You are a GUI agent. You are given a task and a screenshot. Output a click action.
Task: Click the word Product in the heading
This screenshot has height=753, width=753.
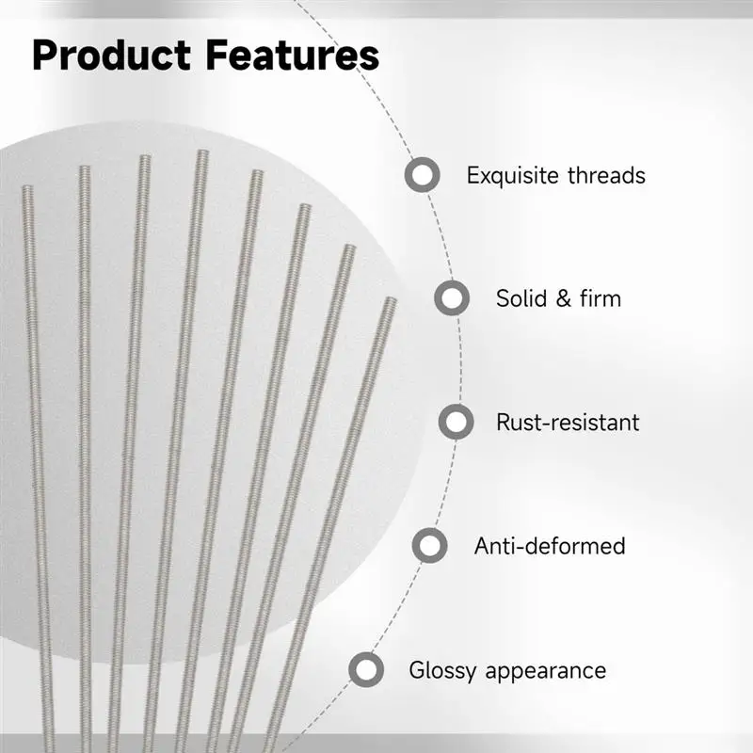[x=111, y=56]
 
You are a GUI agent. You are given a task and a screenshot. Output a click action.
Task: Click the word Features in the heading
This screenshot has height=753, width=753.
[x=293, y=56]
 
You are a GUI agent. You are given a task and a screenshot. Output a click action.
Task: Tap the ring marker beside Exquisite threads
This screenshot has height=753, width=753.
[x=422, y=175]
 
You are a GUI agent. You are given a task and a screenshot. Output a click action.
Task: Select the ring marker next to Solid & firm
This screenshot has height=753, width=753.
[x=452, y=298]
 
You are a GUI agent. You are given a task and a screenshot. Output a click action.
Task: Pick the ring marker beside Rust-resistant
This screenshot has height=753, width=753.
[x=457, y=422]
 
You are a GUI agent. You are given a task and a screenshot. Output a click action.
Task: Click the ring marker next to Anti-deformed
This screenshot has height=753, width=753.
[x=430, y=546]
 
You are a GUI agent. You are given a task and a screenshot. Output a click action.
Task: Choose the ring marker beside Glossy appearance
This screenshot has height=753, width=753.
[x=366, y=669]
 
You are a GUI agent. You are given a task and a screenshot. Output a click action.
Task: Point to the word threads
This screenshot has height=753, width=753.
[x=606, y=175]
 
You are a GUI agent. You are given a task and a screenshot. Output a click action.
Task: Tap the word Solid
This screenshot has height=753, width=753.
[x=521, y=298]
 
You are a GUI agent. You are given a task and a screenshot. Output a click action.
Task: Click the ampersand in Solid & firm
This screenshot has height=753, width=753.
[x=564, y=298]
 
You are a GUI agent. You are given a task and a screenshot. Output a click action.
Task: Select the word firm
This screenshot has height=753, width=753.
[x=601, y=298]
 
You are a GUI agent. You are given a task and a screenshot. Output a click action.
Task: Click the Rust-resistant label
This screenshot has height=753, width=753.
[x=568, y=423]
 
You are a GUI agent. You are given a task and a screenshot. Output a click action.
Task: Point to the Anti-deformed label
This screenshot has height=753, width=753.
[x=550, y=546]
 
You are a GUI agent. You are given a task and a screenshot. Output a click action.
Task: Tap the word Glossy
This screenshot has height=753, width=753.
[x=442, y=671]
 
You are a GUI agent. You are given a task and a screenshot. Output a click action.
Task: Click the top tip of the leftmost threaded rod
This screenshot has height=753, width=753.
[x=27, y=186]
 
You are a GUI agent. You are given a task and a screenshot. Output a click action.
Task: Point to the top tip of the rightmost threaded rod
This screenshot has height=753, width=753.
[x=392, y=298]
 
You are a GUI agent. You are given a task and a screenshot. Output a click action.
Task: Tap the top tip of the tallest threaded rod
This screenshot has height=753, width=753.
[x=202, y=152]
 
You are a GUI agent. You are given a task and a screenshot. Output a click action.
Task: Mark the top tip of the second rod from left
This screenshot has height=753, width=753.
[x=85, y=168]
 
